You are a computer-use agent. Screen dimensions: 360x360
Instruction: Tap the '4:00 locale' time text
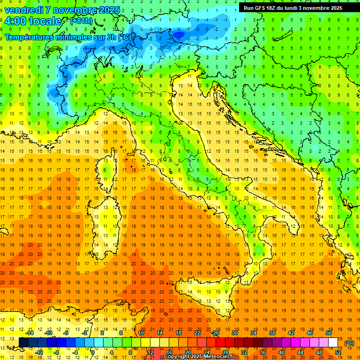coord(32,21)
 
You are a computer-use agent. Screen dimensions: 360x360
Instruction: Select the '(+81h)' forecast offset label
coord(81,21)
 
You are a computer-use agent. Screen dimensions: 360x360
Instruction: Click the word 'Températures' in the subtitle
coord(28,37)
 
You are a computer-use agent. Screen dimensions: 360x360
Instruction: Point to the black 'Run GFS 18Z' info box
coord(293,7)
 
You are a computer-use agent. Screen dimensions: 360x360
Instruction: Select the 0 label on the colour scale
coord(93,352)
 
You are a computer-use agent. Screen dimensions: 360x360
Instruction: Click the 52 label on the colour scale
coord(338,352)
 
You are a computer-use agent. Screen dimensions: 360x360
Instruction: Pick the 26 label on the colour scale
coord(216,333)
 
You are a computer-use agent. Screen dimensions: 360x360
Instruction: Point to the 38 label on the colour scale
coord(272,333)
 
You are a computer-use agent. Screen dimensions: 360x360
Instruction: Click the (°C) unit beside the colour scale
coord(349,343)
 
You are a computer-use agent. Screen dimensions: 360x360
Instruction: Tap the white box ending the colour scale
coord(333,343)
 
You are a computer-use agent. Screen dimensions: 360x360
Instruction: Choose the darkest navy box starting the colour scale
coord(23,343)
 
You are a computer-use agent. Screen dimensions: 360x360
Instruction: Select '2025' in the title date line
coord(109,10)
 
